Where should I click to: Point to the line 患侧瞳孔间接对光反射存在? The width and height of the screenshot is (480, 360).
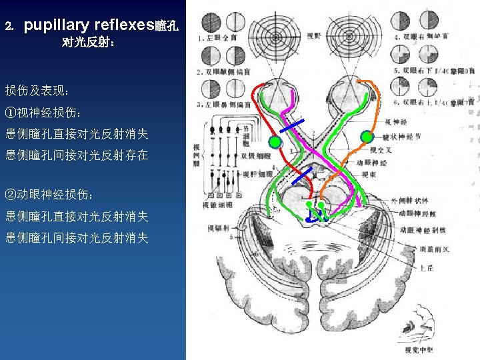tap(77, 155)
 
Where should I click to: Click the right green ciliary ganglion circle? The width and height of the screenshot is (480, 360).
tap(366, 137)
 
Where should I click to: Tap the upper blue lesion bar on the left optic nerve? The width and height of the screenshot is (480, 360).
tap(292, 128)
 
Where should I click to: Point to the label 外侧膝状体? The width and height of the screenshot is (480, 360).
tap(409, 200)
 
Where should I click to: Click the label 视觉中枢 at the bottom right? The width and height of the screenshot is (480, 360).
tap(419, 349)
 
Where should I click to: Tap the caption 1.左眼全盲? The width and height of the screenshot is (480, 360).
tap(214, 39)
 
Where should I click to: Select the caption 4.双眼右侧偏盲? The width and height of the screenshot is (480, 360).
tap(420, 37)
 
